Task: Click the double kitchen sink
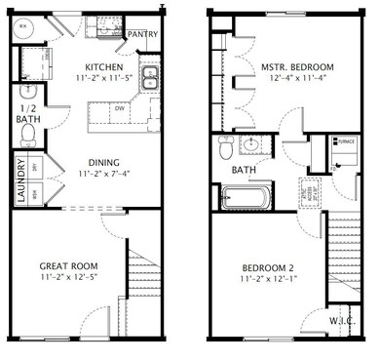click(x=149, y=78)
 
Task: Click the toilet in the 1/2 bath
click(x=27, y=131)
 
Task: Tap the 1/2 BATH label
click(x=27, y=114)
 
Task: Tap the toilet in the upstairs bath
click(x=226, y=149)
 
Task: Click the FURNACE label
click(x=346, y=140)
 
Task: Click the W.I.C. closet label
click(x=341, y=319)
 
